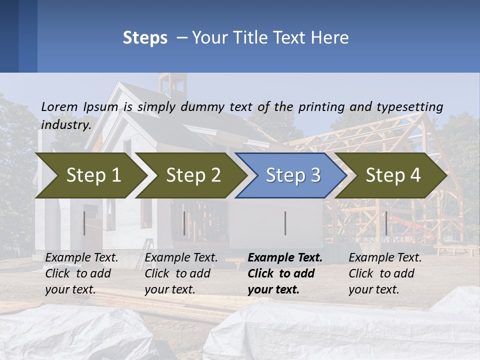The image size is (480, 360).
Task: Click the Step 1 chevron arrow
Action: (93, 175)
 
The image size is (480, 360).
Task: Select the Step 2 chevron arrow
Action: (193, 175)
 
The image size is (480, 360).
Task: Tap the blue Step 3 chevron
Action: (292, 175)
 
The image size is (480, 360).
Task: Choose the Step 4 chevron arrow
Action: (393, 175)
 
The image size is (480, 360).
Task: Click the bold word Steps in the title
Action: (145, 38)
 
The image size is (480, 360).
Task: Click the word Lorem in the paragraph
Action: (59, 107)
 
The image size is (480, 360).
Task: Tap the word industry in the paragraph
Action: (66, 124)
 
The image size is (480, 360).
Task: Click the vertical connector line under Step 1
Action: (84, 223)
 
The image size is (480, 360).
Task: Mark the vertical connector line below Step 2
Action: (184, 223)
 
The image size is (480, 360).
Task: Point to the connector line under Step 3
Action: (285, 223)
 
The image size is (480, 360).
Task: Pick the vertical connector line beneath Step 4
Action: (386, 223)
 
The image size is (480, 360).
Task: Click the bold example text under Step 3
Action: (284, 273)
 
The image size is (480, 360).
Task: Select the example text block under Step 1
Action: (81, 273)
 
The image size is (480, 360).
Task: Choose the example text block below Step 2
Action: (180, 273)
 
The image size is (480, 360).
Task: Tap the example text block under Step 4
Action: (384, 273)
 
